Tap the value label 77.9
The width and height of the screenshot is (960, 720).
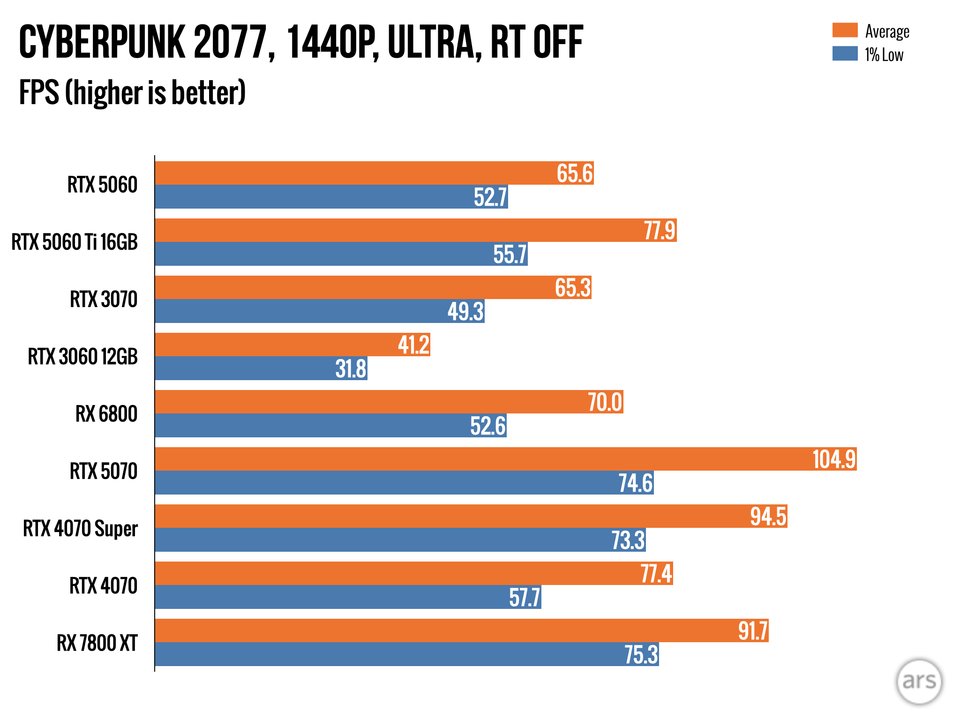point(660,231)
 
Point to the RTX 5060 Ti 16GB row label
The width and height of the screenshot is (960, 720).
point(75,242)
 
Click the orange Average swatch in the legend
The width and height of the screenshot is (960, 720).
point(845,30)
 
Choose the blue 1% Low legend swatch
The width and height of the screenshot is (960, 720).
point(845,53)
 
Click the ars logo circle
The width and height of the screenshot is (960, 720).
point(919,681)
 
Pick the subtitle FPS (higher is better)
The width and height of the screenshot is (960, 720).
point(132,92)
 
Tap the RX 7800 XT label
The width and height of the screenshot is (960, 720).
point(97,643)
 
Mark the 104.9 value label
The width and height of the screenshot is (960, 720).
point(834,459)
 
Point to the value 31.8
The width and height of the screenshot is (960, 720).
point(351,368)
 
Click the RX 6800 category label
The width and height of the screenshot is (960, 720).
point(106,414)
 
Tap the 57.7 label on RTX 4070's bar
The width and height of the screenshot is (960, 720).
point(525,597)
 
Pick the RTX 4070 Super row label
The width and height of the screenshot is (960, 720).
point(80,528)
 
